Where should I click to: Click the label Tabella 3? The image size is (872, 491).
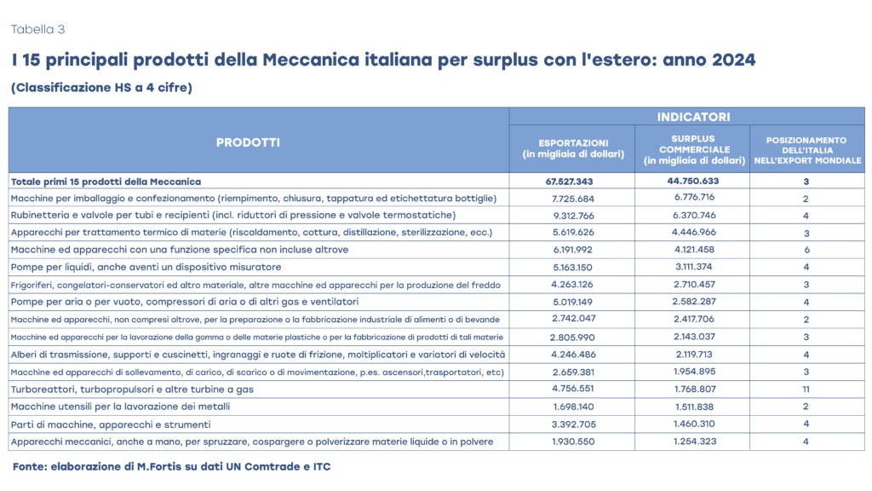click(x=37, y=30)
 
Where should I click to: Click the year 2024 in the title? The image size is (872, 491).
click(x=730, y=61)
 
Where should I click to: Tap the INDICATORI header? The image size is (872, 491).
click(x=686, y=117)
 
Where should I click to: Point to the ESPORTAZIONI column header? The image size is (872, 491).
click(x=573, y=148)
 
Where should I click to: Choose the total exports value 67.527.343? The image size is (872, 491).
click(x=573, y=182)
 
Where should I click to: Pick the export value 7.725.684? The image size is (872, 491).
click(x=573, y=199)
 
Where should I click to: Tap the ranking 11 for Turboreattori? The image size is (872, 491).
click(x=806, y=390)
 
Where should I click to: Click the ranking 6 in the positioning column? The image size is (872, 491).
click(x=806, y=250)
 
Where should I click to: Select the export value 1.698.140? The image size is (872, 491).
click(x=573, y=407)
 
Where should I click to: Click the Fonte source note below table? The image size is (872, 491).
click(x=171, y=466)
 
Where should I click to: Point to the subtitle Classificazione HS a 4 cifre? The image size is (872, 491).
click(x=101, y=87)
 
